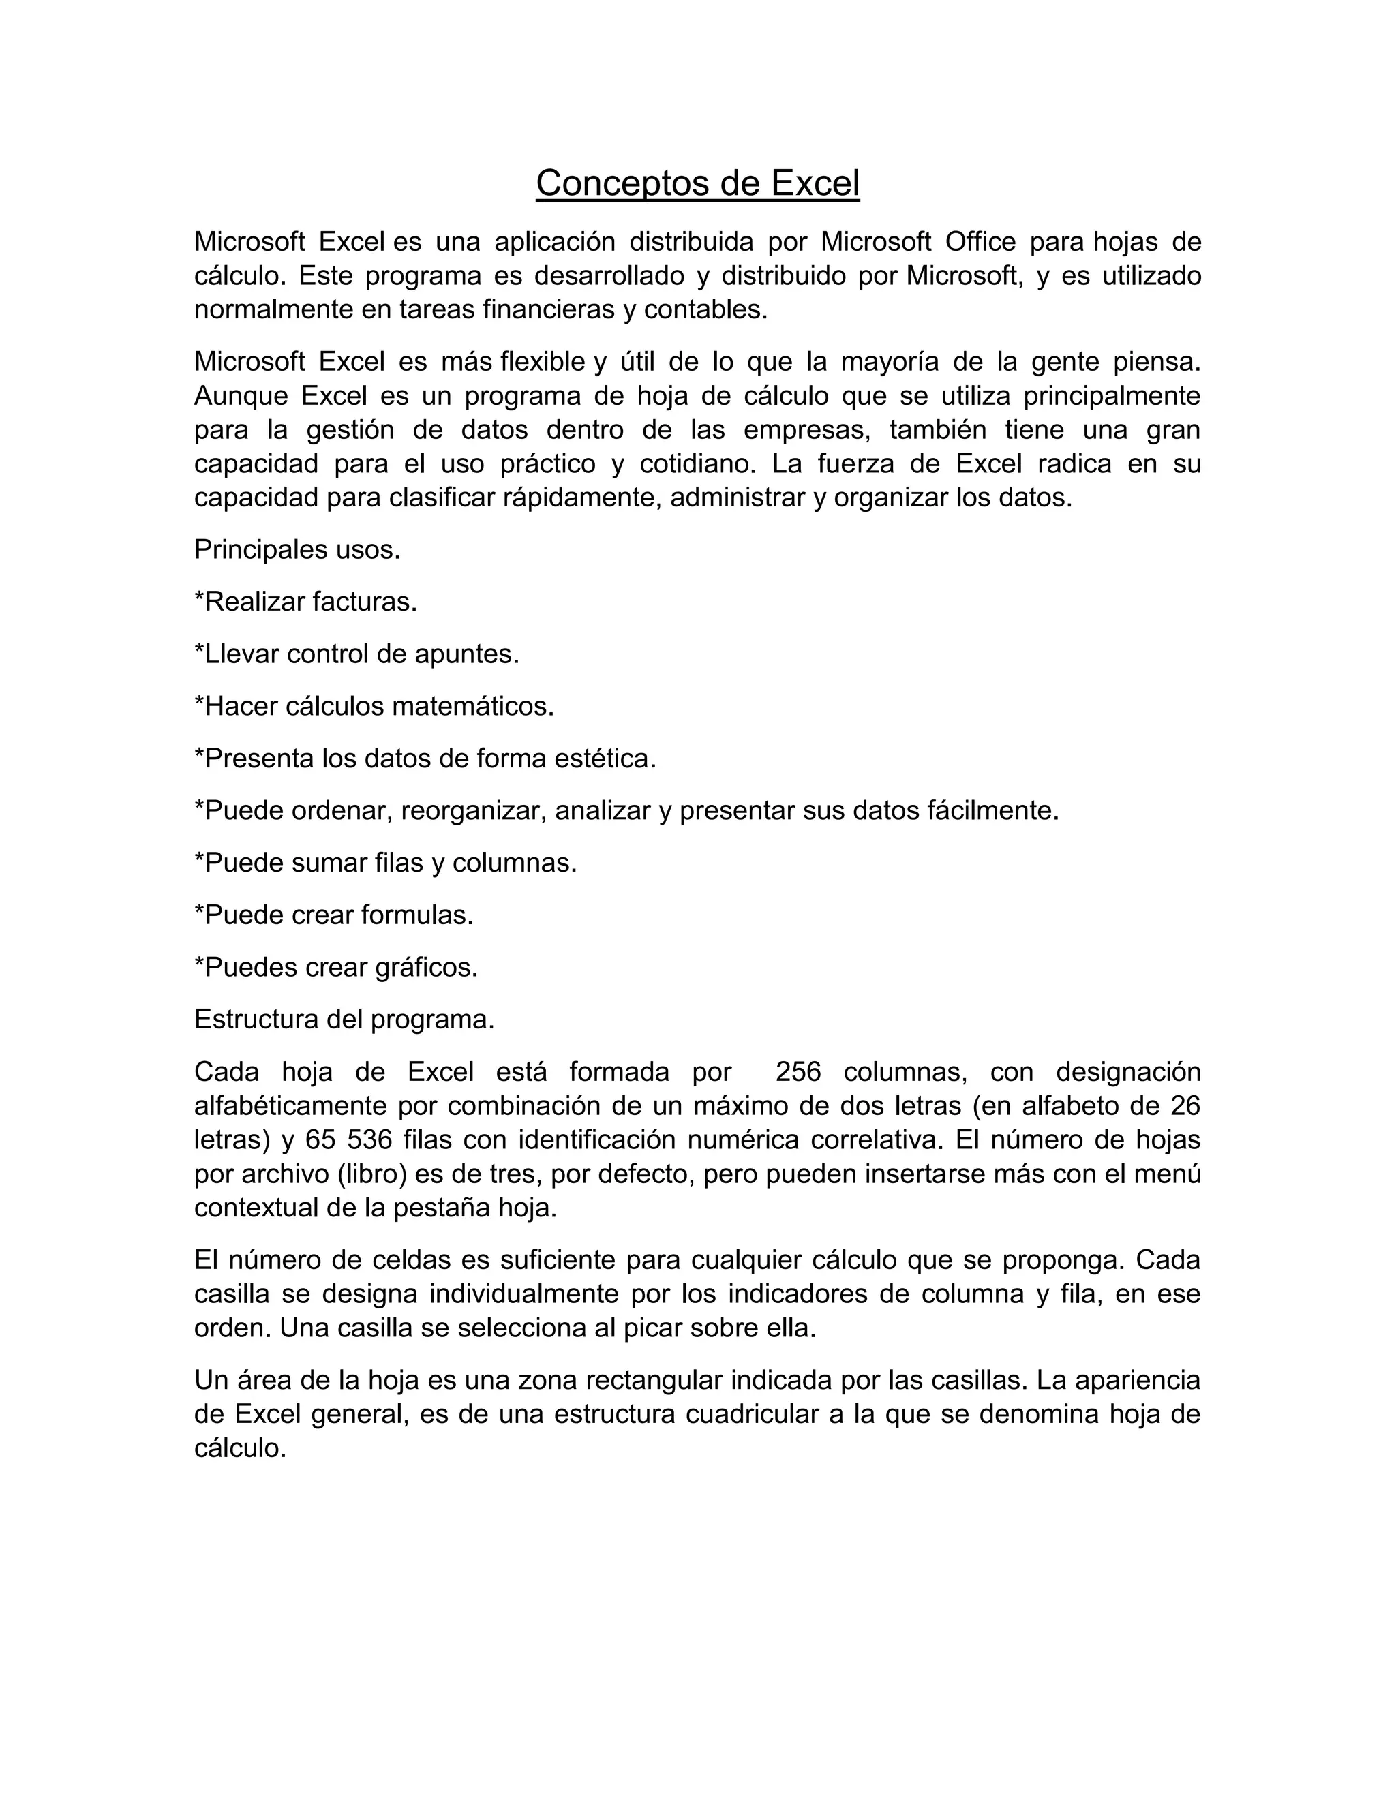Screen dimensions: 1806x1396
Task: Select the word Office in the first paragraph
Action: pos(980,243)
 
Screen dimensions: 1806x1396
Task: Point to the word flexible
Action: pos(543,362)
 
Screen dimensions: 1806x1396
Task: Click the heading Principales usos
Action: pos(297,550)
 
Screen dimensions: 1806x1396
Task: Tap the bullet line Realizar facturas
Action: pos(306,602)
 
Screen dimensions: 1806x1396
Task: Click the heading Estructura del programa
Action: pos(344,1020)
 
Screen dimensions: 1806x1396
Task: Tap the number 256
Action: pos(798,1073)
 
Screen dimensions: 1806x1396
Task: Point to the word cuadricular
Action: pos(752,1415)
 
